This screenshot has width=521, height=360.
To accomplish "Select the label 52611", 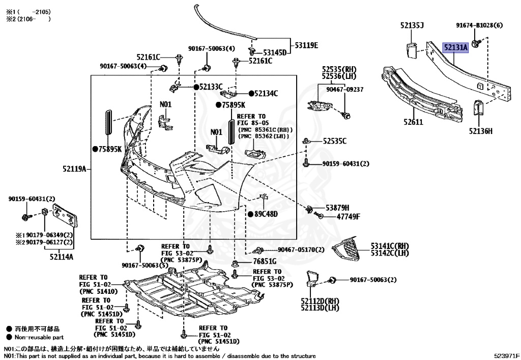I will coord(413,122).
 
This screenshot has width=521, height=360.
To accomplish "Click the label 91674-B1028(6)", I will coord(479,25).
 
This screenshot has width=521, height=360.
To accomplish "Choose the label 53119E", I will coord(305,45).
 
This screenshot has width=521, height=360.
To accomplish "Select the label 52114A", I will coord(61,257).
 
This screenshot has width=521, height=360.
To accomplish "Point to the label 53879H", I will coord(337,208).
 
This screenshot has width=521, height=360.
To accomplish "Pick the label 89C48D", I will coord(266,214).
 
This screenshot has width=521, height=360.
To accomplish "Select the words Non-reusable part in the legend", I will coord(39,337).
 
